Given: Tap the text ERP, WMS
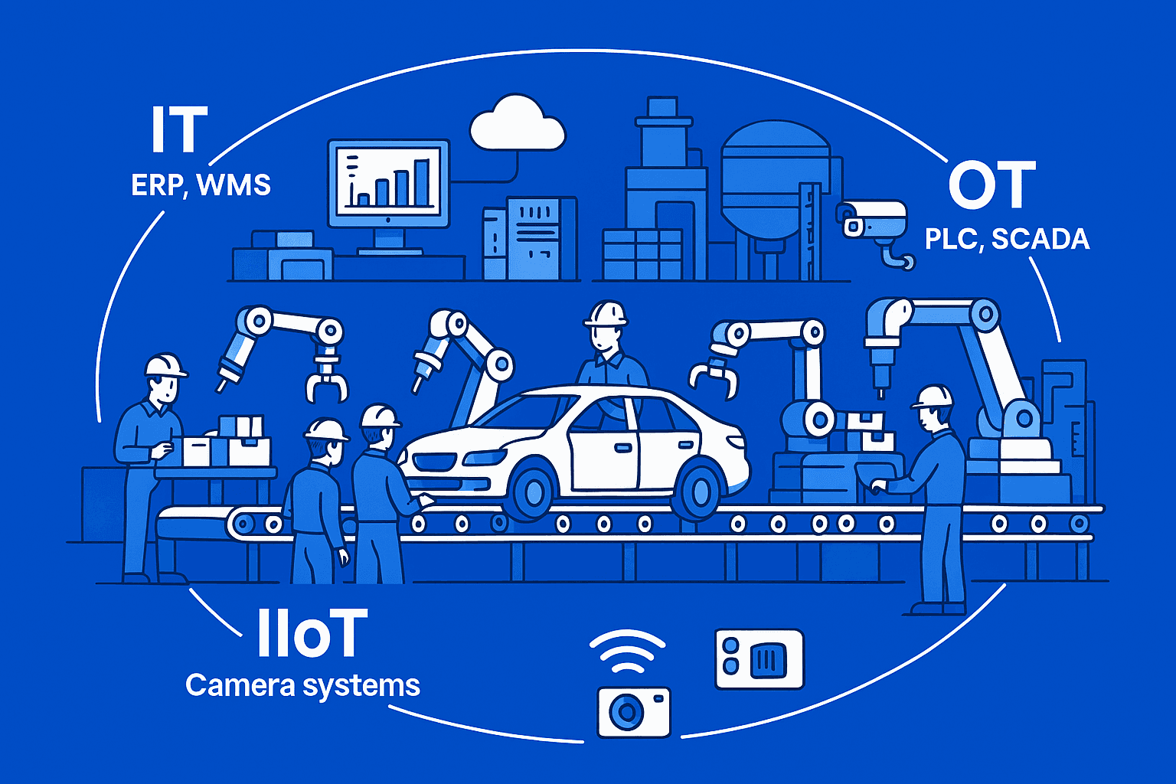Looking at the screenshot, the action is tap(201, 185).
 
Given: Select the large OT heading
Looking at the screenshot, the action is tap(991, 185).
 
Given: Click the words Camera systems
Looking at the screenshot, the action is tap(303, 685).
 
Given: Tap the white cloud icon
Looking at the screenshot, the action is tap(517, 123).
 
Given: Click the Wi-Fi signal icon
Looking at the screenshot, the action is tap(627, 653).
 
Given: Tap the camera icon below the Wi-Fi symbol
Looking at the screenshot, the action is tap(634, 712).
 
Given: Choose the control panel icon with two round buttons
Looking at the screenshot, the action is tap(759, 659).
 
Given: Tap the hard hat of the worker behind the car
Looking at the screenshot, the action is tap(606, 313).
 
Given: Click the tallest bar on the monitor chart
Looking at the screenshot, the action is tap(422, 183).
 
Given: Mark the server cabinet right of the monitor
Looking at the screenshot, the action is tap(531, 238).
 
